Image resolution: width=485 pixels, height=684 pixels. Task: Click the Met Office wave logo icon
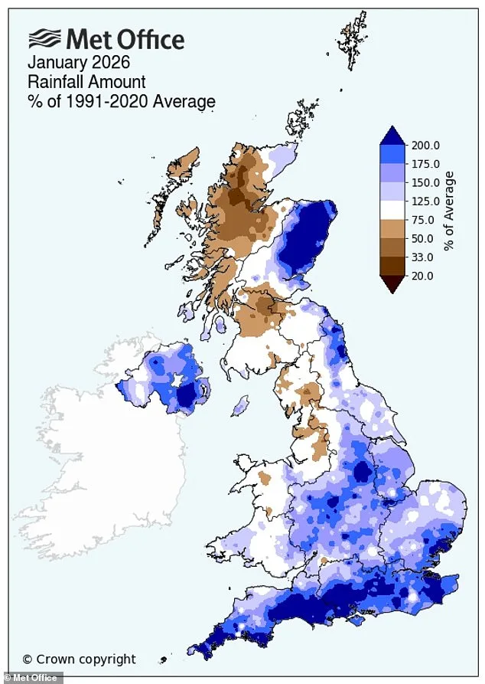click(x=44, y=38)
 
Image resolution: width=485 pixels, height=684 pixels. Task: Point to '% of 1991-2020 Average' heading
click(x=122, y=101)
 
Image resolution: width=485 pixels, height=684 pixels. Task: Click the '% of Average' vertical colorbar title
click(x=450, y=211)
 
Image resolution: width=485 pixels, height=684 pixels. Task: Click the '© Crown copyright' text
click(x=79, y=659)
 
